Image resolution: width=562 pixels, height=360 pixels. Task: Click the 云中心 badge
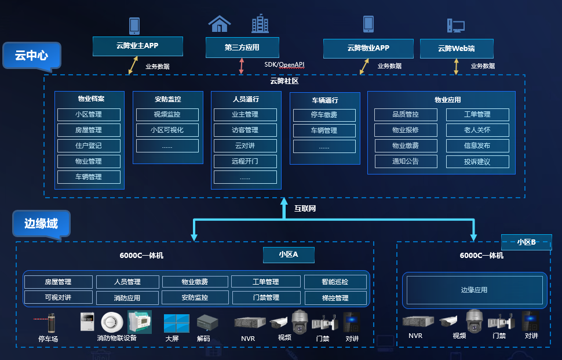[31, 56]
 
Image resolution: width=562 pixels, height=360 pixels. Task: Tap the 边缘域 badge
[41, 223]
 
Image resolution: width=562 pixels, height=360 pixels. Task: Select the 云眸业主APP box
[137, 46]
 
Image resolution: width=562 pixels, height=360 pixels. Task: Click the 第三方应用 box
[242, 48]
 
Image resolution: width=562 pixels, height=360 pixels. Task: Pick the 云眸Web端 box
[457, 49]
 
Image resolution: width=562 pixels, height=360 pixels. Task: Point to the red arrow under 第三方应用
[242, 66]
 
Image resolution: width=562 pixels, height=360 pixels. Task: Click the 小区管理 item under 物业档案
[89, 115]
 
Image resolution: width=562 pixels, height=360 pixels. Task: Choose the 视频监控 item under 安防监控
[167, 115]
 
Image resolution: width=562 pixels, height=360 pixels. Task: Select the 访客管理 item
[245, 130]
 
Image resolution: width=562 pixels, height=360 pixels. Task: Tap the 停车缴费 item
[324, 115]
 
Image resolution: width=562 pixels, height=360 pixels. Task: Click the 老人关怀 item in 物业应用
[477, 130]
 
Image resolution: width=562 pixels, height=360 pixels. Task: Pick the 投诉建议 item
[477, 162]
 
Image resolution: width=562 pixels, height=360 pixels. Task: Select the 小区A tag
[288, 254]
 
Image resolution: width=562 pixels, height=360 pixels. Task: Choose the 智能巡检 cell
[335, 282]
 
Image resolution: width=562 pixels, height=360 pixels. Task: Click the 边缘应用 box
[474, 290]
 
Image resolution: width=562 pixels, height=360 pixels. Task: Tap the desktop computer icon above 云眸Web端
[455, 26]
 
